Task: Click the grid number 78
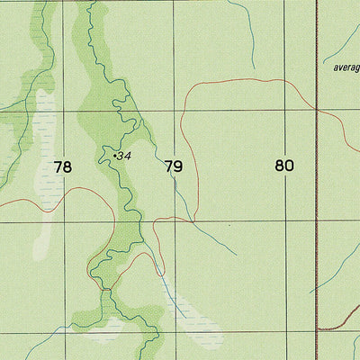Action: [x=62, y=166]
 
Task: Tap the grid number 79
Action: [x=174, y=166]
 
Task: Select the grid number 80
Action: [x=285, y=166]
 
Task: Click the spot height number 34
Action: [x=125, y=157]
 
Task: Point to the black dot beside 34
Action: [x=116, y=157]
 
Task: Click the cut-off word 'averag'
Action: [x=346, y=67]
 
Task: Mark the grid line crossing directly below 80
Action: [x=285, y=221]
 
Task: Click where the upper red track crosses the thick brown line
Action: [x=319, y=109]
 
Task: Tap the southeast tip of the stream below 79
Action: [x=237, y=255]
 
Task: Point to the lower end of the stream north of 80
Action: [x=255, y=69]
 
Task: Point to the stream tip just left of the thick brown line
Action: [x=310, y=292]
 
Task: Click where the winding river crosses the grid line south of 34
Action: [x=135, y=221]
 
